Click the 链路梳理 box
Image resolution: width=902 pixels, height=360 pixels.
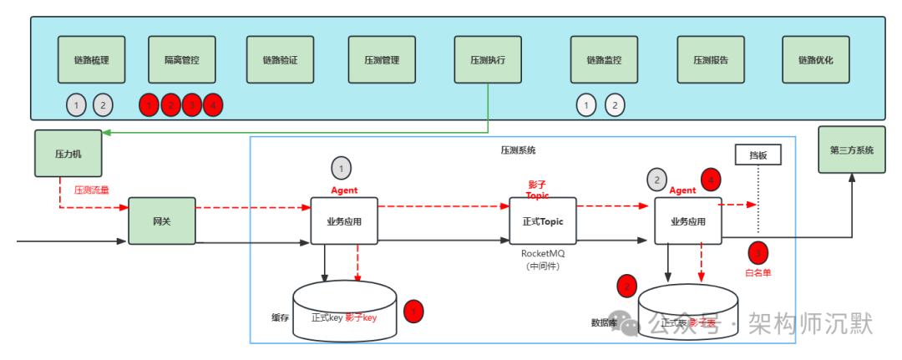click(x=92, y=59)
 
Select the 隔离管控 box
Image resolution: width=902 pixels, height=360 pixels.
click(x=181, y=59)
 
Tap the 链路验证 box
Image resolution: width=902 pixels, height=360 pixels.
click(x=280, y=59)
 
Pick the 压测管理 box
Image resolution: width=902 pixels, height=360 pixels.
click(x=382, y=59)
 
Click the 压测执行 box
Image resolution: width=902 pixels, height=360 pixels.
click(x=488, y=59)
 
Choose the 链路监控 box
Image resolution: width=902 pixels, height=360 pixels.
click(x=604, y=59)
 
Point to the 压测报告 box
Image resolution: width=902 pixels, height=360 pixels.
click(x=711, y=59)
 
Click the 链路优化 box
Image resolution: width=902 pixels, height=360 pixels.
click(x=816, y=59)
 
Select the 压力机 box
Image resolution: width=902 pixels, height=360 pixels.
click(x=67, y=153)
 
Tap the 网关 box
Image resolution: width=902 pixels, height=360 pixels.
click(x=161, y=221)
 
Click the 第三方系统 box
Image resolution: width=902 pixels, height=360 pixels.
click(x=852, y=150)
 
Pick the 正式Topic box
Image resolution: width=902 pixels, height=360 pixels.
click(x=543, y=221)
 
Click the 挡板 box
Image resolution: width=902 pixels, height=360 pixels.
click(x=758, y=155)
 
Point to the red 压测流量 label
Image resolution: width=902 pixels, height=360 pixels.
click(x=92, y=190)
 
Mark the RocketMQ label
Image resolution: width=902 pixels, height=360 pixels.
click(x=543, y=253)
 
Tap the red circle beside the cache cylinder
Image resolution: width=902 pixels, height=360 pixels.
click(x=413, y=312)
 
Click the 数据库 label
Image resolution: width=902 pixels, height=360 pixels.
click(x=604, y=322)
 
